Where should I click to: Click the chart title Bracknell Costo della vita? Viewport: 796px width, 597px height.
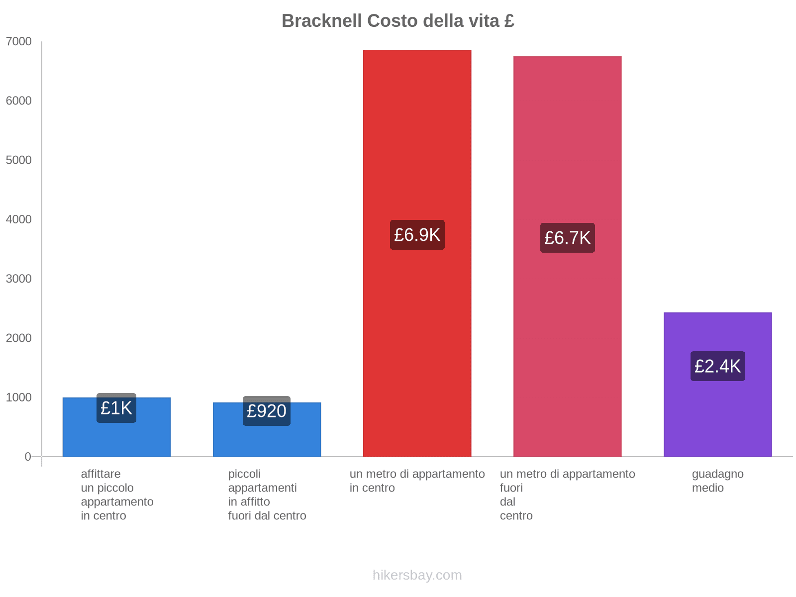pos(398,21)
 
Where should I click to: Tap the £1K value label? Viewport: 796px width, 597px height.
pos(116,408)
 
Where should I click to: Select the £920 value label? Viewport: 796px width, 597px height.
pos(267,411)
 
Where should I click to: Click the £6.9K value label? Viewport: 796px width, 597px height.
pos(417,235)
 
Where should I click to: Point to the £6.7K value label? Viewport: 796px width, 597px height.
pos(567,238)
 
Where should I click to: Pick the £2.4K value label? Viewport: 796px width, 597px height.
pos(717,366)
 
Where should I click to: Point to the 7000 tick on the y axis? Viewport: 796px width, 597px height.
pos(18,42)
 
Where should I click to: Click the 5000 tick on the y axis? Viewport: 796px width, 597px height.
pos(18,160)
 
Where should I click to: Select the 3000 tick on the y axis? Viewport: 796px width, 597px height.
pos(18,279)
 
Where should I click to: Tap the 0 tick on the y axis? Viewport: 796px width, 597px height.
pos(27,457)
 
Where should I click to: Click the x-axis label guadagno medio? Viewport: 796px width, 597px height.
pos(717,481)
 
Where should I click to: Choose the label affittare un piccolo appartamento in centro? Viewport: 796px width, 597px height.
pos(117,495)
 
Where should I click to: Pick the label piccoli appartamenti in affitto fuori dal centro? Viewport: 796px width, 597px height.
pos(267,495)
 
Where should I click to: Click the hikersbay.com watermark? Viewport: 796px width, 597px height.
pos(417,575)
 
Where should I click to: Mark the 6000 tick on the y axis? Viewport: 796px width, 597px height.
pos(18,101)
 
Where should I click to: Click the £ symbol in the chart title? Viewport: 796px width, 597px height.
pos(509,21)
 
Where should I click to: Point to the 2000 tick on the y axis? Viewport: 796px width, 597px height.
pos(18,338)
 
